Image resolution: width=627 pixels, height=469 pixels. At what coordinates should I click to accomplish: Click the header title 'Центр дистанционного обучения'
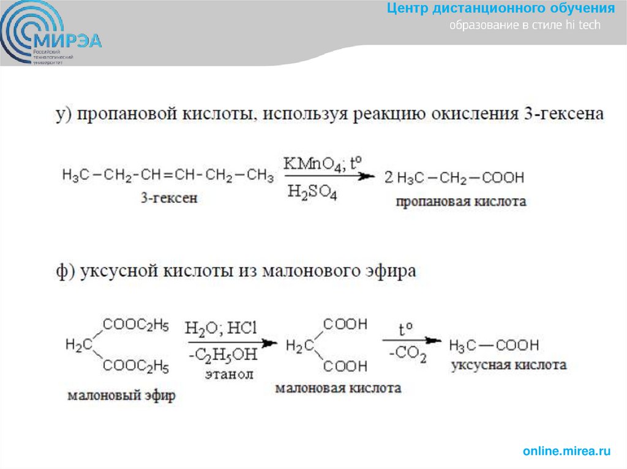(501, 9)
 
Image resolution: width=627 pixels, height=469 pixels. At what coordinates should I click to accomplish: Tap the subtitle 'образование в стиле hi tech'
(525, 25)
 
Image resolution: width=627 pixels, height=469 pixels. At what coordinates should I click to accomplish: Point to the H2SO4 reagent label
(312, 194)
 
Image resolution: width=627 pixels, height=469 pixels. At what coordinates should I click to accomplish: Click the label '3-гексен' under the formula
(169, 198)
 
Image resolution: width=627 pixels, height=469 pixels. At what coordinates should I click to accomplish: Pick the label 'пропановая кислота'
(460, 201)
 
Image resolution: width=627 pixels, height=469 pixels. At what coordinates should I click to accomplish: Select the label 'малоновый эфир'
(121, 395)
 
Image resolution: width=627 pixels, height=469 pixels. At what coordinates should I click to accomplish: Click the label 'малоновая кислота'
(338, 388)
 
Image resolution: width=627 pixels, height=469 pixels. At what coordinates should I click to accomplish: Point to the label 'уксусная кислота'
(508, 365)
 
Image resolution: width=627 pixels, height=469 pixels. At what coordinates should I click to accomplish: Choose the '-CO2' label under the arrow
(408, 355)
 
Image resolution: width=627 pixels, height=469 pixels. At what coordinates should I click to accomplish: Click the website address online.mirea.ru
(567, 451)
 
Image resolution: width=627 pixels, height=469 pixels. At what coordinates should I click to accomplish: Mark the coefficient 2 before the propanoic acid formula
(388, 178)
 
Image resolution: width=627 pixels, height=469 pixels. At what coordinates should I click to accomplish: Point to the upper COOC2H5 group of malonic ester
(136, 325)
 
